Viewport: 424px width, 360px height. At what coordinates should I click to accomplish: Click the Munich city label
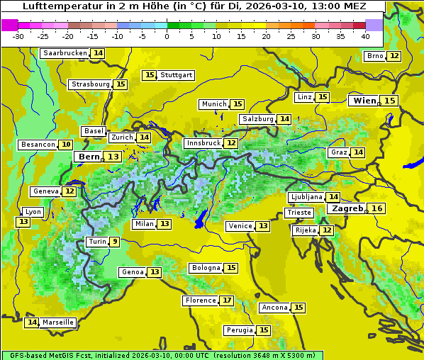click(x=214, y=104)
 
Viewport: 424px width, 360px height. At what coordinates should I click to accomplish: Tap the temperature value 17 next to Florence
click(x=227, y=300)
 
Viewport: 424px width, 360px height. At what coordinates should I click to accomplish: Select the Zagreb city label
click(x=347, y=208)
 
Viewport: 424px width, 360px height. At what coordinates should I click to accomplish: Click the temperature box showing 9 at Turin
click(x=114, y=242)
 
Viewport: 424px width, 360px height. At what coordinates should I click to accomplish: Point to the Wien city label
click(x=365, y=101)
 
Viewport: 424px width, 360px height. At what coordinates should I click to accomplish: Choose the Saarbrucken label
click(x=65, y=53)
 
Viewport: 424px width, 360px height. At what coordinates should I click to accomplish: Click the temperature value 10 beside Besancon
click(x=66, y=145)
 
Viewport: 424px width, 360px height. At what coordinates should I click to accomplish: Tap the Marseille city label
click(x=58, y=322)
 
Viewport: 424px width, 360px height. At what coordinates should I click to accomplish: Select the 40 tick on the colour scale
click(x=365, y=36)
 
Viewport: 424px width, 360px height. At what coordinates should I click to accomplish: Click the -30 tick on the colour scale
click(x=18, y=36)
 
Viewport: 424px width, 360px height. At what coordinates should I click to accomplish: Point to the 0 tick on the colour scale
click(x=167, y=36)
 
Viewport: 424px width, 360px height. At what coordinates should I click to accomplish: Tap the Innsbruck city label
click(x=203, y=143)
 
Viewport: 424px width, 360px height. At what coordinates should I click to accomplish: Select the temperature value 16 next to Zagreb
click(x=377, y=208)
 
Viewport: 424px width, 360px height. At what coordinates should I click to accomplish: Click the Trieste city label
click(x=299, y=213)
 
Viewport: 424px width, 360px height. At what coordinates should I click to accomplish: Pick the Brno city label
click(x=374, y=56)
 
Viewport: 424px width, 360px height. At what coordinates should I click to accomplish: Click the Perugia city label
click(x=239, y=330)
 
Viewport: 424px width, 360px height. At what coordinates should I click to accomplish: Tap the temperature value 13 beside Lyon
click(x=23, y=222)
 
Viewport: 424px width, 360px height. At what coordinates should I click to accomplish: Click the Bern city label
click(x=89, y=157)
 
